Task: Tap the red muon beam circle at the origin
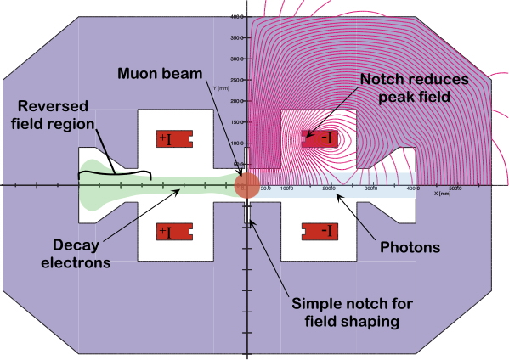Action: click(x=246, y=185)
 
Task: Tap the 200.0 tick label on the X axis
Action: click(x=329, y=188)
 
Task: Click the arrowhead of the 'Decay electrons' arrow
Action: click(x=179, y=191)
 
